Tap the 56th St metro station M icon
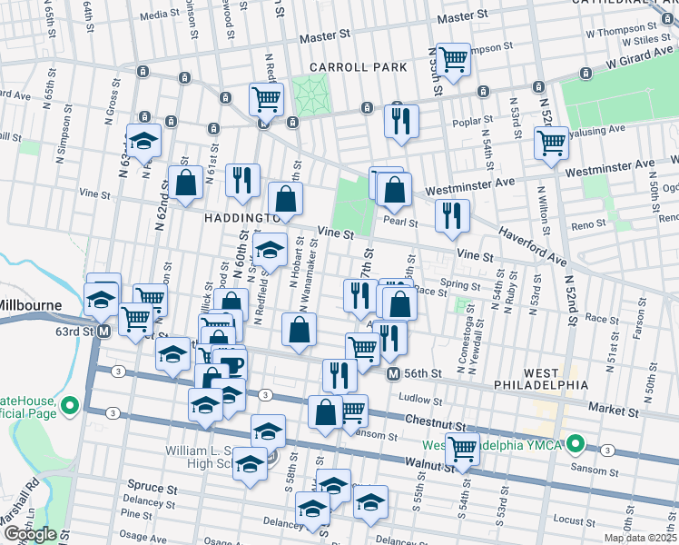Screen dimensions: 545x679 tap(393, 373)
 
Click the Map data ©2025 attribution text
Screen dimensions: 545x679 tap(640, 538)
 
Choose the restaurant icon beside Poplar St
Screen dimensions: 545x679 tap(400, 121)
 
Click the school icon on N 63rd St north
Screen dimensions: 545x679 tap(143, 140)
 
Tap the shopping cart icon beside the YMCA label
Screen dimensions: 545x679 tap(463, 446)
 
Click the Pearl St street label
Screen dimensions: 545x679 tap(399, 221)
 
